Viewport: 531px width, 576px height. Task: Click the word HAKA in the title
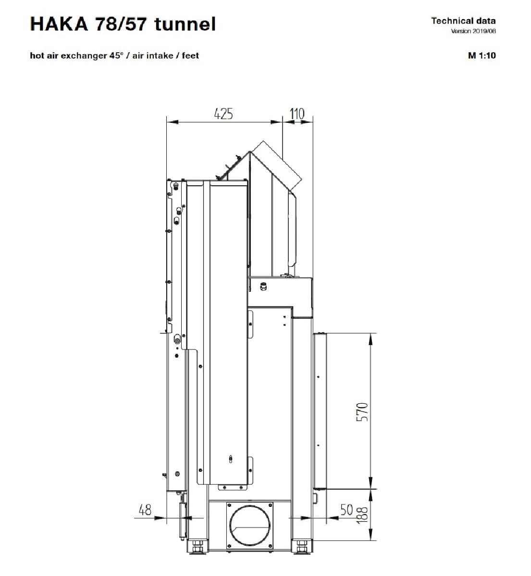[59, 24]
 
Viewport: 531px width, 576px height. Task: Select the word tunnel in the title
[185, 24]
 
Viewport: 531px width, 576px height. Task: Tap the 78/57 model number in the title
[121, 24]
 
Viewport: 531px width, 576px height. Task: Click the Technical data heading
[463, 21]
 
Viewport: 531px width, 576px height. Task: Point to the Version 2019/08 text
[473, 31]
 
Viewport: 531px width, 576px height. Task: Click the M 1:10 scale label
[482, 55]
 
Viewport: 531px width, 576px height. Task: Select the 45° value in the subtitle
[116, 55]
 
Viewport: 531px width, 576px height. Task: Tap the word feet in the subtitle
[190, 55]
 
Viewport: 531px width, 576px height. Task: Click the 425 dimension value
[223, 114]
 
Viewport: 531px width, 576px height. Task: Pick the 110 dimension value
[296, 114]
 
